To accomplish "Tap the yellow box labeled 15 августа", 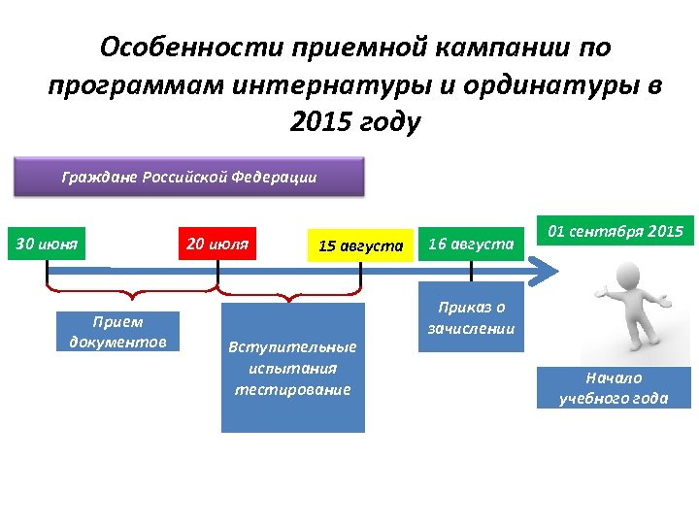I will point(360,246).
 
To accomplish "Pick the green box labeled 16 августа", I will point(471,245).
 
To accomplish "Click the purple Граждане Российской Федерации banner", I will point(188,178).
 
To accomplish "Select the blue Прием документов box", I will point(117,331).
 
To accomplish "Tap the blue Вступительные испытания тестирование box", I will point(293,368).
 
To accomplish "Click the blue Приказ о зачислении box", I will point(471,318).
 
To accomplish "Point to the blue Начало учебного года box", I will point(614,387).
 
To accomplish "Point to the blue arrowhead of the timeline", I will point(549,272).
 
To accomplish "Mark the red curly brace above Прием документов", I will point(131,293).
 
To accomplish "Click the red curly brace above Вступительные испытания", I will point(288,293).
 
